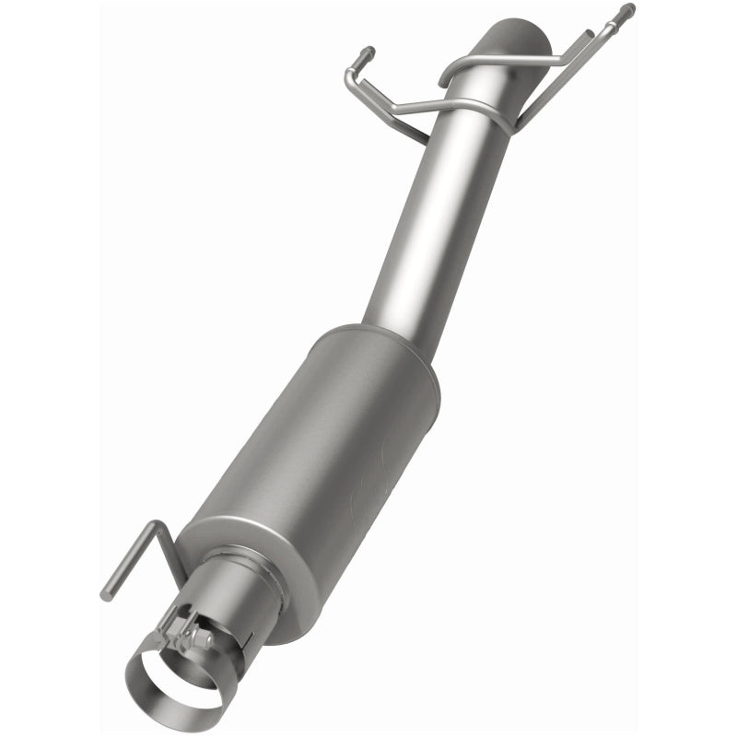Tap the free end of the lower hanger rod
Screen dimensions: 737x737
pos(106,594)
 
